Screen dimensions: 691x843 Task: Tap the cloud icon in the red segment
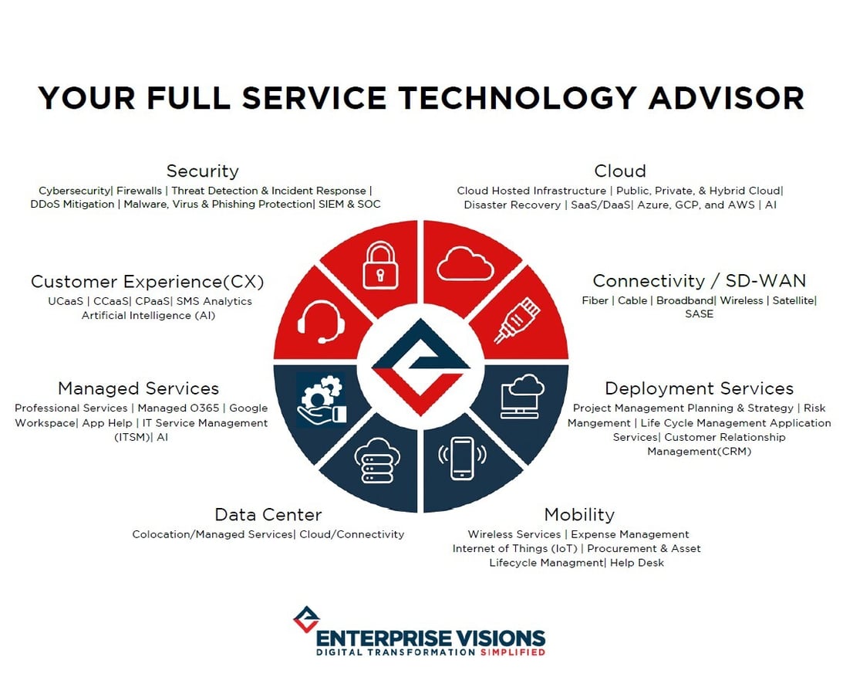click(465, 265)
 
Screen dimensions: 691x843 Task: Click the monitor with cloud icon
click(522, 396)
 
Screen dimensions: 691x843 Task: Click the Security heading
click(202, 171)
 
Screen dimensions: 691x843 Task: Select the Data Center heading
click(268, 514)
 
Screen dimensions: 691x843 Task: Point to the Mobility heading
click(578, 514)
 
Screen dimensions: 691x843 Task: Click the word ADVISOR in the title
click(727, 98)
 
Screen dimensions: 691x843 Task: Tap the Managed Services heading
click(138, 388)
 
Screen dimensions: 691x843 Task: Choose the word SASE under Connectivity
click(699, 314)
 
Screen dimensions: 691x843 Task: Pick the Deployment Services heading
click(699, 388)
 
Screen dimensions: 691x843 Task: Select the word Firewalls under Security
click(139, 190)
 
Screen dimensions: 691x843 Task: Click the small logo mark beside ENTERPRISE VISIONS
click(306, 619)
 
